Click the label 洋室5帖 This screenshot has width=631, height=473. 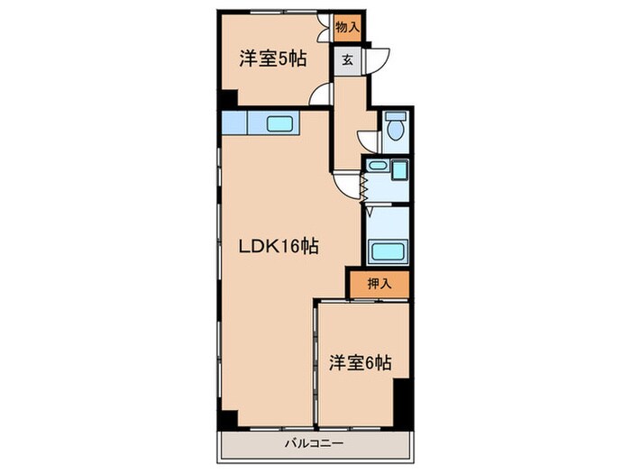271,59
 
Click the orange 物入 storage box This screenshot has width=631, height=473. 347,28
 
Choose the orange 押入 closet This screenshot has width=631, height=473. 380,284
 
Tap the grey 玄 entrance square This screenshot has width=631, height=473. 347,61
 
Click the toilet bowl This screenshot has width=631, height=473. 395,131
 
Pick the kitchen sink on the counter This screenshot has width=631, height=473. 279,123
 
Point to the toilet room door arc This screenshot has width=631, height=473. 368,140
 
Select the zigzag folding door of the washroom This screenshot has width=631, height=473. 364,187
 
